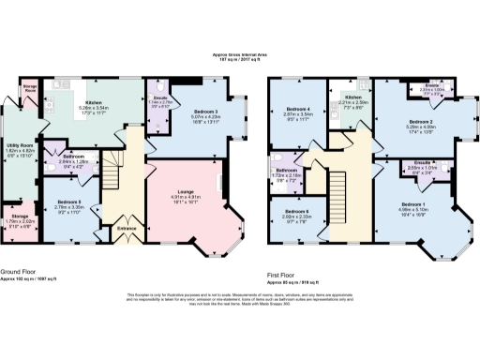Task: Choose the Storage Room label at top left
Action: coord(30,86)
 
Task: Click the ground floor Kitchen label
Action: coord(96,103)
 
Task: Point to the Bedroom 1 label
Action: coord(411,202)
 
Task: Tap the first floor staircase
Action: coord(339,178)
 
